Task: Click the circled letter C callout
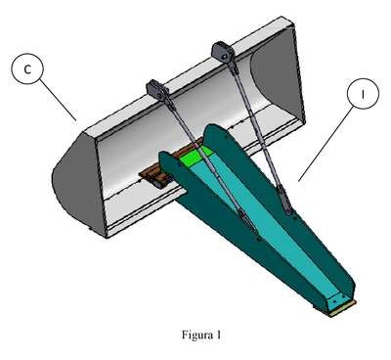coord(27,68)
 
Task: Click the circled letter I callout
coord(363,94)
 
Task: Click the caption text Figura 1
coord(201,335)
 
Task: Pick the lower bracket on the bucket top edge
coord(156,89)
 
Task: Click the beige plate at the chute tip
coord(342,309)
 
